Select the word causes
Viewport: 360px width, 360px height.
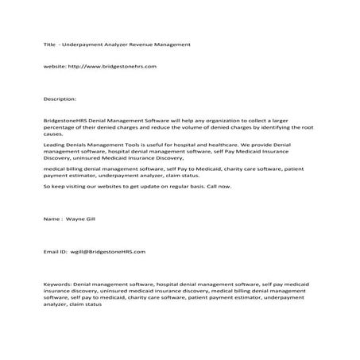tap(54, 134)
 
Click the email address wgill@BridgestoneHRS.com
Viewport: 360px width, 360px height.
tap(109, 250)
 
